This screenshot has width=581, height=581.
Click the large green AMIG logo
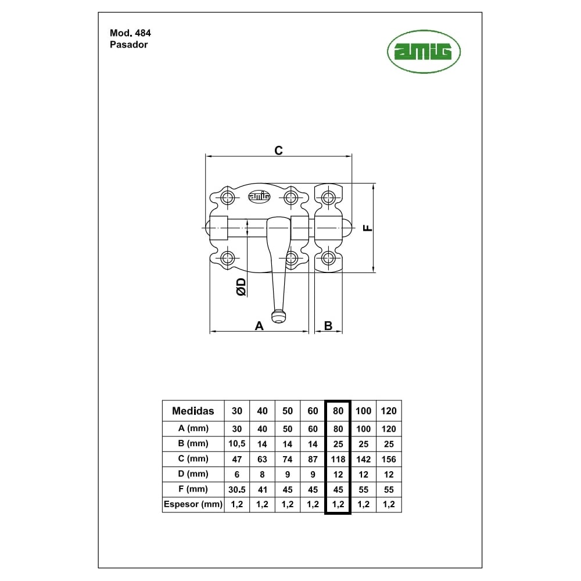pyautogui.click(x=424, y=52)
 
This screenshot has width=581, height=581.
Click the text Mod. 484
pyautogui.click(x=130, y=33)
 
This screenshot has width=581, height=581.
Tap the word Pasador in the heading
pyautogui.click(x=128, y=45)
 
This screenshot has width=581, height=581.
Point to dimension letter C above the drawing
pyautogui.click(x=278, y=150)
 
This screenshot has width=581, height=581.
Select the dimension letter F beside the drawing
pyautogui.click(x=367, y=228)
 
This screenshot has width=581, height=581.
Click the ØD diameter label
pyautogui.click(x=241, y=287)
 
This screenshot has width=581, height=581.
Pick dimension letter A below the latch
pyautogui.click(x=259, y=326)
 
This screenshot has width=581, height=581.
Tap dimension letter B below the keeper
pyautogui.click(x=328, y=326)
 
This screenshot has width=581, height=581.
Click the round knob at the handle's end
pyautogui.click(x=279, y=317)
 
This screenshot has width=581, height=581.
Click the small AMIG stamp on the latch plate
pyautogui.click(x=259, y=196)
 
